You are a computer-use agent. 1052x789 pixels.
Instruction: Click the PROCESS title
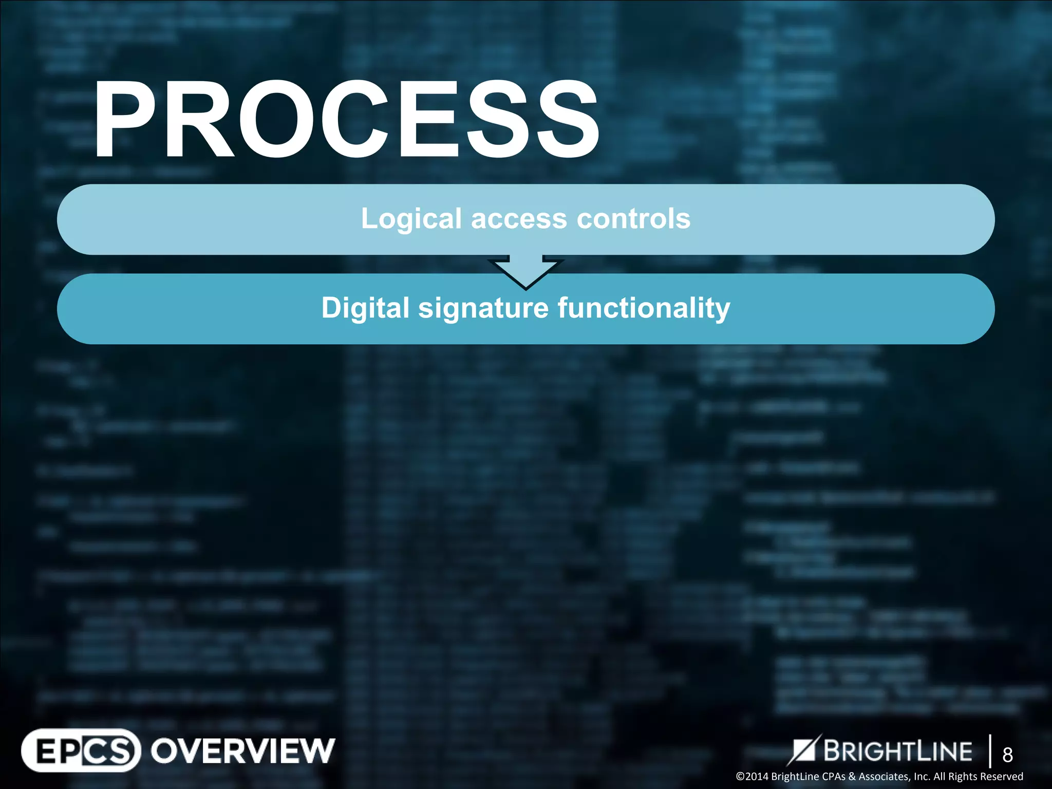click(x=345, y=119)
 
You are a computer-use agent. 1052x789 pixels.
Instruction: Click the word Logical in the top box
click(x=411, y=219)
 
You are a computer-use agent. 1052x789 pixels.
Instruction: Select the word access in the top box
click(x=519, y=219)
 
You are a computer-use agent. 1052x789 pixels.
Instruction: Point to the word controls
click(x=633, y=219)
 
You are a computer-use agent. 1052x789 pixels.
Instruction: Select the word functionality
click(x=644, y=308)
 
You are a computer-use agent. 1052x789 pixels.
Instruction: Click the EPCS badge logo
click(x=81, y=750)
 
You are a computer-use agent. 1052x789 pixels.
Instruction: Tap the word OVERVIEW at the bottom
click(x=242, y=750)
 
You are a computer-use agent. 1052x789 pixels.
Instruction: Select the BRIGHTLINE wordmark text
click(x=897, y=751)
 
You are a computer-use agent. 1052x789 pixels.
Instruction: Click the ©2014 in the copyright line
click(x=753, y=776)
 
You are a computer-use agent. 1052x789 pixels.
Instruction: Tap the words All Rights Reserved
click(x=978, y=776)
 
